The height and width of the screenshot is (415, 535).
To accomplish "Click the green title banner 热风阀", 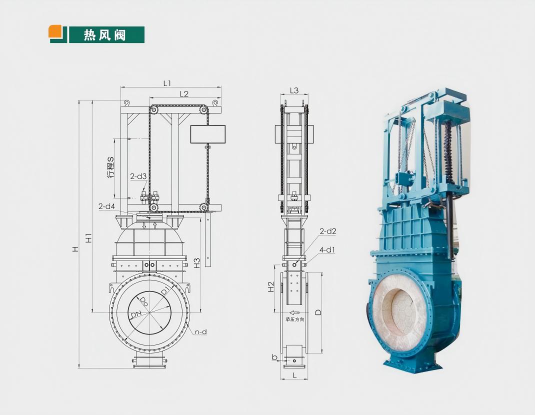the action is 106,35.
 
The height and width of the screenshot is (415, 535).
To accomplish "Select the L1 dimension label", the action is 167,83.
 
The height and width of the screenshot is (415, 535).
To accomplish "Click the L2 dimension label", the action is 184,93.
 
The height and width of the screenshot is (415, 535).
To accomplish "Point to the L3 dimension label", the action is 294,90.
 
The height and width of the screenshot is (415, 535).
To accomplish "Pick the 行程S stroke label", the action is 110,167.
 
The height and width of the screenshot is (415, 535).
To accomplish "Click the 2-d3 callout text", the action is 138,176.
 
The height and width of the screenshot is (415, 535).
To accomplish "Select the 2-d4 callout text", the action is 107,206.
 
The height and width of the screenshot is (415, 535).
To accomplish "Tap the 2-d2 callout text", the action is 328,231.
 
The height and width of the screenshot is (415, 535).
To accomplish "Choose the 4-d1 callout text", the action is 327,250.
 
